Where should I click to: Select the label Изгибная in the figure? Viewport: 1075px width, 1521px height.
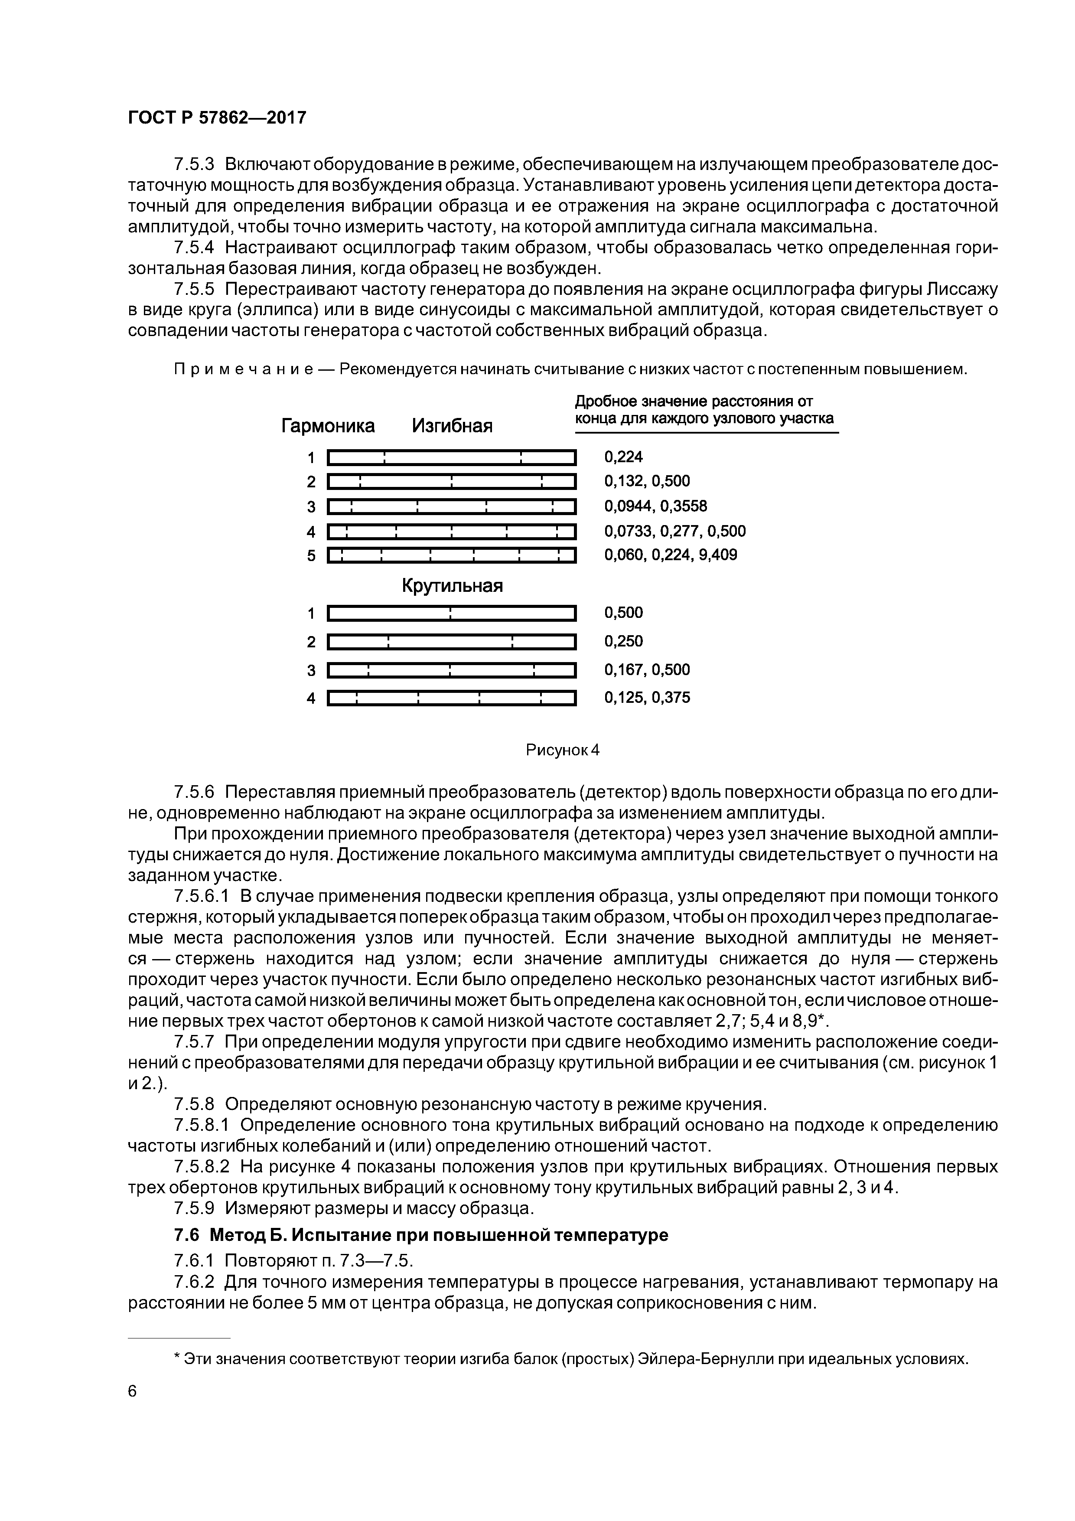coord(453,425)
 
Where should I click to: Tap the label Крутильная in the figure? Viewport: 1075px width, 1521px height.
coord(453,586)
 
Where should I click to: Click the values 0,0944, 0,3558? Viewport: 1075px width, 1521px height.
coord(655,506)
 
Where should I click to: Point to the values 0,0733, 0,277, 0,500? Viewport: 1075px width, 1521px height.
coord(674,531)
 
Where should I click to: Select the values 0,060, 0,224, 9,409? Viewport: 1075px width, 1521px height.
coord(670,555)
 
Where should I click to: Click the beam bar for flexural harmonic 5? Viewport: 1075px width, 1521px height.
coord(453,555)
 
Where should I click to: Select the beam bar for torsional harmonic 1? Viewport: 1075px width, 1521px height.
coord(453,614)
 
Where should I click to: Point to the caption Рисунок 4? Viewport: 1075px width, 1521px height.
coord(562,750)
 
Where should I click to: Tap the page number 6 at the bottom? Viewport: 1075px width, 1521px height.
coord(132,1392)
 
